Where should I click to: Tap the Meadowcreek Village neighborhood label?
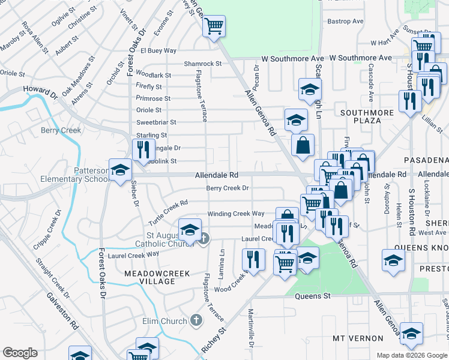click(157, 277)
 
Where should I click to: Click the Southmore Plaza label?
click(361, 116)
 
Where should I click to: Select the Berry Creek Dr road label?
click(228, 188)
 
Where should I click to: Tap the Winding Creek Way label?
click(236, 214)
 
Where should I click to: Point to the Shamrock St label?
click(203, 64)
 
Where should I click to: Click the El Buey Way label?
click(158, 51)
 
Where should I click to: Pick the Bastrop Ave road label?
click(346, 21)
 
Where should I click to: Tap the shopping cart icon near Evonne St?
click(214, 26)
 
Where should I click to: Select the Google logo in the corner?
click(20, 353)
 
